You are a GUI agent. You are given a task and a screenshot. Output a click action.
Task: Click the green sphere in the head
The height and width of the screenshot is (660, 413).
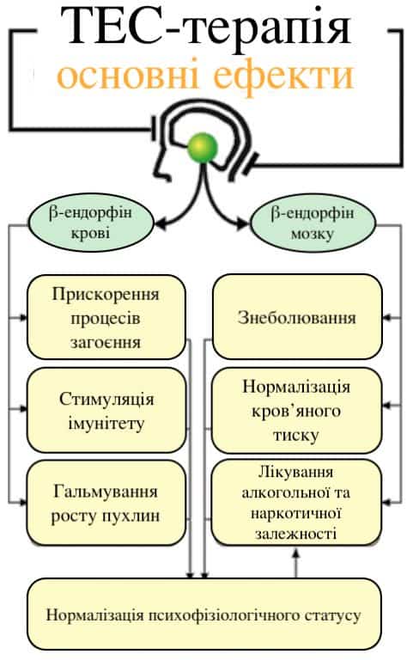click(203, 148)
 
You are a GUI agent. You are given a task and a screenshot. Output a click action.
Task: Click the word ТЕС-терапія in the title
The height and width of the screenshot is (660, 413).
click(206, 27)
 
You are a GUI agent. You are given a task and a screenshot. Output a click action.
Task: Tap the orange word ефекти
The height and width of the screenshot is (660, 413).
click(283, 76)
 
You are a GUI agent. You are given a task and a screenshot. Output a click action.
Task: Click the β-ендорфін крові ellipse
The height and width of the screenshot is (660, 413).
click(91, 223)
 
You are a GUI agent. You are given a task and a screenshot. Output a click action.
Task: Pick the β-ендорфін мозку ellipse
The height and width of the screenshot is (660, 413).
click(313, 223)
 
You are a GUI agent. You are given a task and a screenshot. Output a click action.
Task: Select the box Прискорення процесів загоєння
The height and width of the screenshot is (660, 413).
click(106, 317)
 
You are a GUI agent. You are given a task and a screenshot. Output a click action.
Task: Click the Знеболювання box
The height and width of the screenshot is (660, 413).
click(297, 316)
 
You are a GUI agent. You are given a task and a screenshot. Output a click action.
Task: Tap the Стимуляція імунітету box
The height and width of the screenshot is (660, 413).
click(106, 411)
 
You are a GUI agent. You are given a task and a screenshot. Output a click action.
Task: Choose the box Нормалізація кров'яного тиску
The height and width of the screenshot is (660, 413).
click(297, 411)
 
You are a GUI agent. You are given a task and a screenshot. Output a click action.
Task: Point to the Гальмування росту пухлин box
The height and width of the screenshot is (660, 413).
click(106, 503)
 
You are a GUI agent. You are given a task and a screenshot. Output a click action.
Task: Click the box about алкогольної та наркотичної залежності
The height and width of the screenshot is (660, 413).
click(296, 503)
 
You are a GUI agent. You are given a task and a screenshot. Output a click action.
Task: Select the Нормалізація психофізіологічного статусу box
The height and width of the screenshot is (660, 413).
click(204, 614)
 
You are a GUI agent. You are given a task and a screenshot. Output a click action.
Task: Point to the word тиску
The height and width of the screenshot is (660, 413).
click(296, 435)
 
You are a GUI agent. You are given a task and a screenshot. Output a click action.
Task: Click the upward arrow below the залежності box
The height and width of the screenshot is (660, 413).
click(296, 562)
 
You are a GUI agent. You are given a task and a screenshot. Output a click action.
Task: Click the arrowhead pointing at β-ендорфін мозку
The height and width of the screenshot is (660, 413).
click(242, 223)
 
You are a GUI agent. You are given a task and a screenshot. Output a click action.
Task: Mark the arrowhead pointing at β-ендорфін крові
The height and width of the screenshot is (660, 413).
click(161, 223)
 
